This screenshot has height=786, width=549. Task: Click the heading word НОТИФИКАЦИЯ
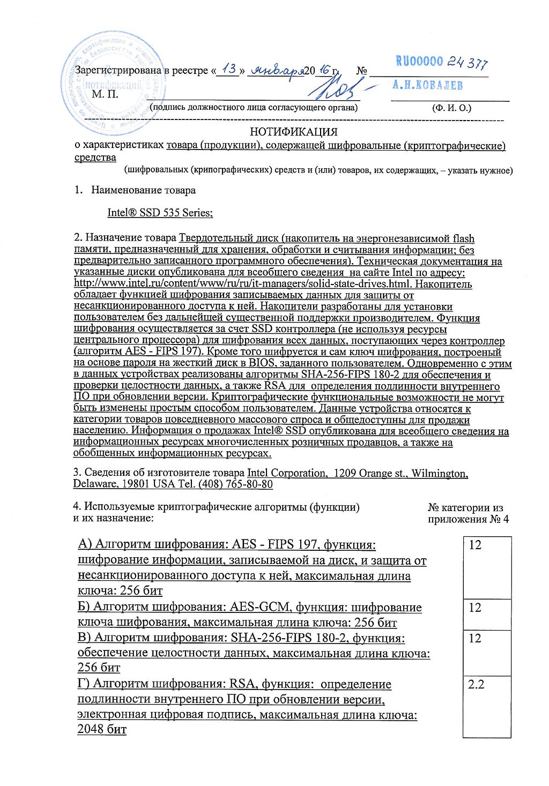(x=293, y=132)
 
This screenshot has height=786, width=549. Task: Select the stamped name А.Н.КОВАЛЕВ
(x=427, y=85)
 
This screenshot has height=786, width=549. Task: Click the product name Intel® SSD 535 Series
(x=160, y=212)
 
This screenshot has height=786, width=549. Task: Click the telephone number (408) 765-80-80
(x=235, y=484)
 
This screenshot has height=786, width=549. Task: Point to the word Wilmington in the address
(x=440, y=473)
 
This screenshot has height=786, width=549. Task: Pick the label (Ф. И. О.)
(x=451, y=108)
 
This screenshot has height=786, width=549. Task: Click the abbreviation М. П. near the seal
(x=105, y=94)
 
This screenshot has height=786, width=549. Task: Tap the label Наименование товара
(x=143, y=190)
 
